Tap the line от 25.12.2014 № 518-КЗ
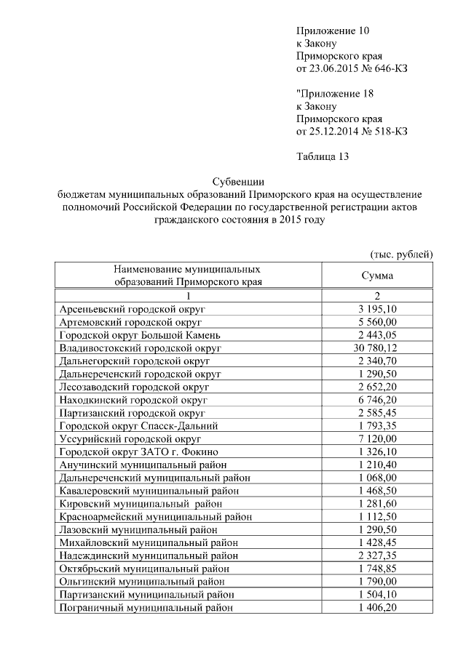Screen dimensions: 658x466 coord(351,132)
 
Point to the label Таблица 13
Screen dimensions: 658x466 coord(324,157)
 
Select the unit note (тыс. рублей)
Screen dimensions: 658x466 coord(401,254)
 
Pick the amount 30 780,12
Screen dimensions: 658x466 coord(377,348)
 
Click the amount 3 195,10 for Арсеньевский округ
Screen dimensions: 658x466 coord(377,310)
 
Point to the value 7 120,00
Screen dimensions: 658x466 coord(377,439)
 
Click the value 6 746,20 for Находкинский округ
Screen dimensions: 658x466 coord(377,400)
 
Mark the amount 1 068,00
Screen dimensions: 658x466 coord(377,478)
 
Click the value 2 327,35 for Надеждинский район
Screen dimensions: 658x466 coord(377,555)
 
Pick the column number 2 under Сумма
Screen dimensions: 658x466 coord(377,297)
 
